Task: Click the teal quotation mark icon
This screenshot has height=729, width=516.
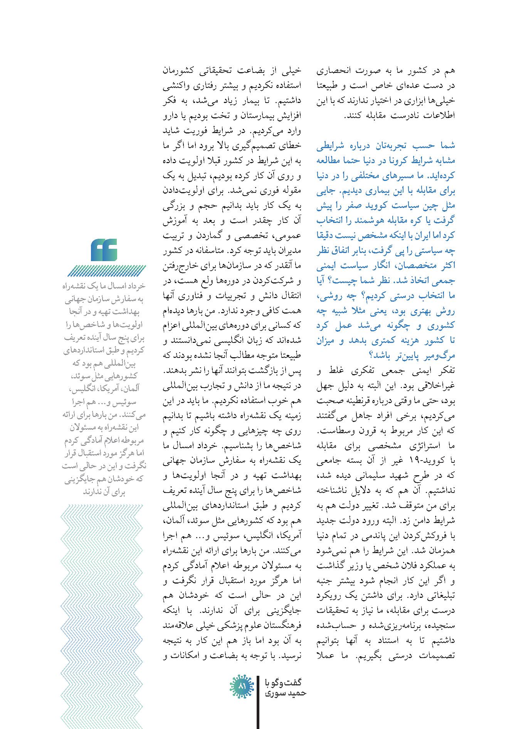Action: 104,250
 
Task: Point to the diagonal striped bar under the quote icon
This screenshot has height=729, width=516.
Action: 107,271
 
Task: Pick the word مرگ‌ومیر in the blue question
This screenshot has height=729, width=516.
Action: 438,355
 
